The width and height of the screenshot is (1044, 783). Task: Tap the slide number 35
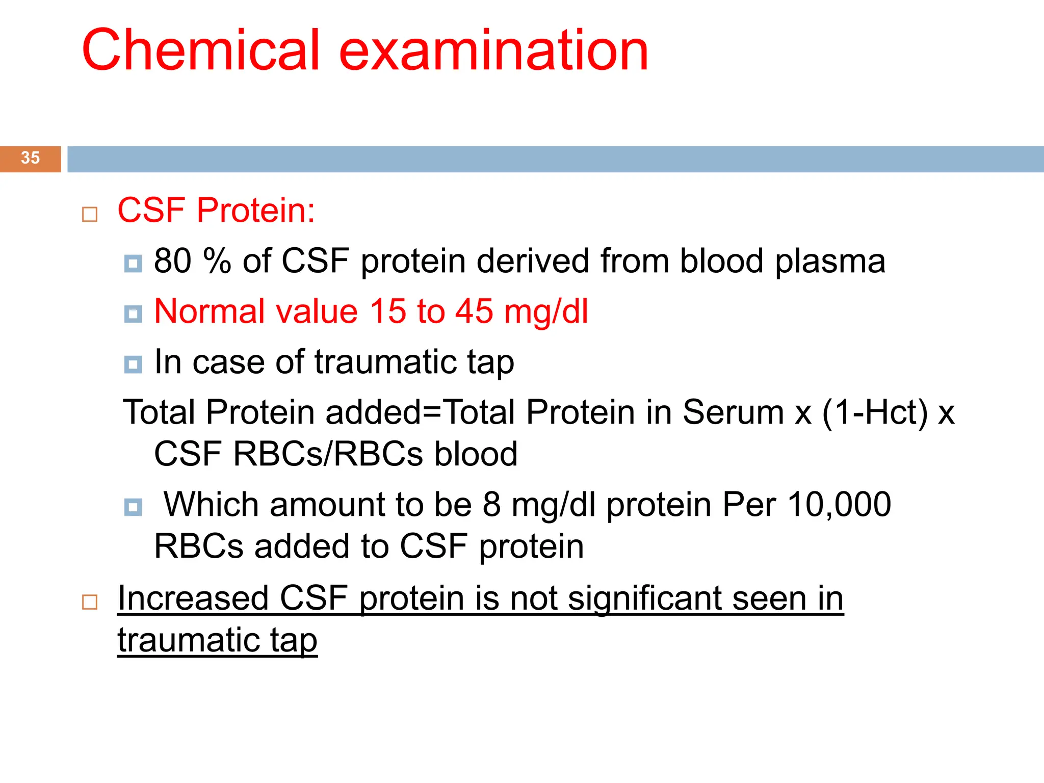click(30, 158)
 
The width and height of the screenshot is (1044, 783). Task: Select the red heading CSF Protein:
click(216, 210)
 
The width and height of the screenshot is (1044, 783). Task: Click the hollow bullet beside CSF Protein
click(90, 214)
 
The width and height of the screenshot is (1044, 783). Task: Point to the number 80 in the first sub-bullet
click(173, 261)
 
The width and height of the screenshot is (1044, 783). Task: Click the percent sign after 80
click(217, 261)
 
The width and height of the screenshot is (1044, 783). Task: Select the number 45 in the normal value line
click(474, 311)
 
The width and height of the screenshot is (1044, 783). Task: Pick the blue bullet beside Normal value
click(133, 314)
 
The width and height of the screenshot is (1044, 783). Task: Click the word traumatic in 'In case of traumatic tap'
click(385, 362)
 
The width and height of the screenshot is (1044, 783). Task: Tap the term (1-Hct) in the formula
click(875, 412)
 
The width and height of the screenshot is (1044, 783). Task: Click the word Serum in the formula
click(733, 412)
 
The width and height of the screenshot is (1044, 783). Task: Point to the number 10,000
click(839, 505)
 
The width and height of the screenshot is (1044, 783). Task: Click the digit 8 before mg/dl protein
click(491, 505)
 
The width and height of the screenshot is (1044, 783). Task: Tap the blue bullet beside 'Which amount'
click(133, 507)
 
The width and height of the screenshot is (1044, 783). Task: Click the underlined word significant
click(644, 598)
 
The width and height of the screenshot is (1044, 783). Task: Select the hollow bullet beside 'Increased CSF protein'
click(90, 602)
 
